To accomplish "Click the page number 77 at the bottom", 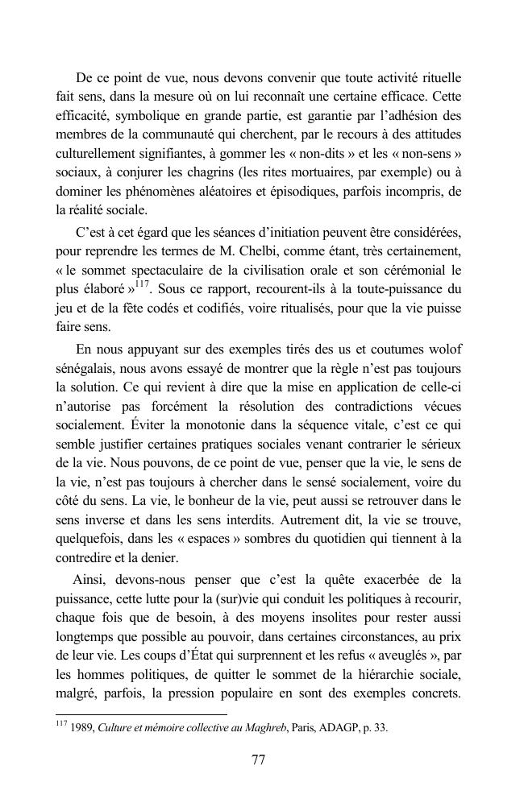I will point(259,759).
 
